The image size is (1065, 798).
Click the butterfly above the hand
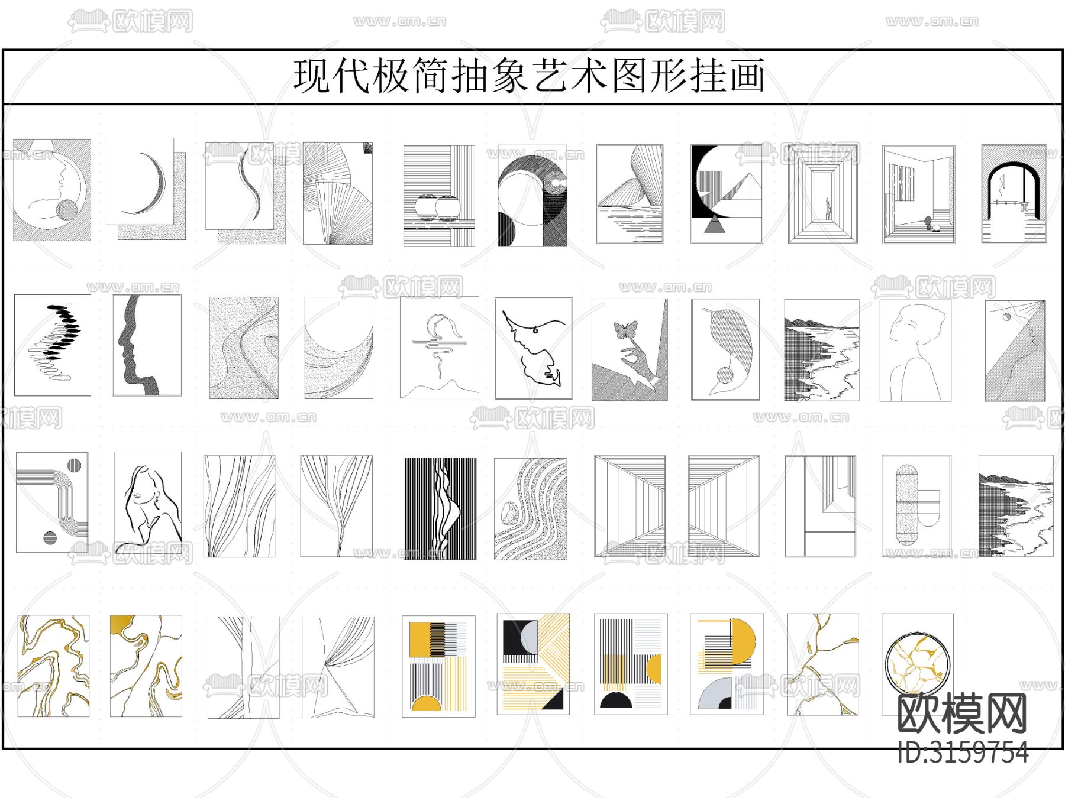[x=626, y=329]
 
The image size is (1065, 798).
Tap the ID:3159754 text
[x=963, y=752]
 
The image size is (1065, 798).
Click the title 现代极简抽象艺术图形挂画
[x=529, y=76]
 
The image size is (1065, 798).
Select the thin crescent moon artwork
[x=146, y=189]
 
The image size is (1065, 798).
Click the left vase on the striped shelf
[x=426, y=207]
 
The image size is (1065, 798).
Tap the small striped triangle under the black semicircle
[x=715, y=225]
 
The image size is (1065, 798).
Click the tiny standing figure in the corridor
[x=828, y=209]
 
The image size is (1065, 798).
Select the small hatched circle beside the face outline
[x=67, y=210]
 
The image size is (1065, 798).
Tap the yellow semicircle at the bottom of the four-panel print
[x=427, y=703]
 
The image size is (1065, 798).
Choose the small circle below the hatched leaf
[x=725, y=375]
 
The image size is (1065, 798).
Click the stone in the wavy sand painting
[x=509, y=513]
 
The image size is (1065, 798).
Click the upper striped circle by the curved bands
[x=74, y=465]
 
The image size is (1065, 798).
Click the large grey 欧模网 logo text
[x=962, y=714]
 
